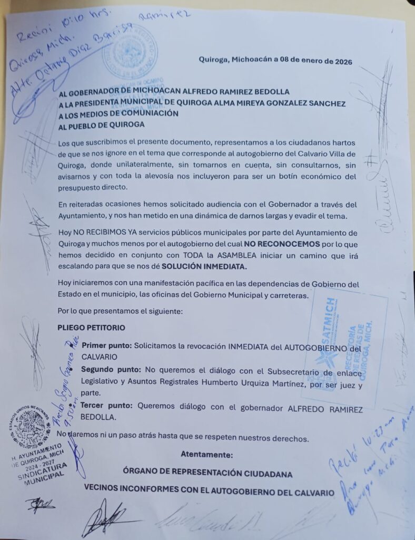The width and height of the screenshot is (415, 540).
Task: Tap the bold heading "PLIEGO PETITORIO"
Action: pyautogui.click(x=91, y=327)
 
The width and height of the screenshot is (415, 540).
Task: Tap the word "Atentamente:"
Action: pyautogui.click(x=205, y=455)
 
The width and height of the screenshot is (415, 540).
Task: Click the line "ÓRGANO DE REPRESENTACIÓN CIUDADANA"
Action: pyautogui.click(x=207, y=474)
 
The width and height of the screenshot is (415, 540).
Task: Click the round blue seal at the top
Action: pyautogui.click(x=130, y=52)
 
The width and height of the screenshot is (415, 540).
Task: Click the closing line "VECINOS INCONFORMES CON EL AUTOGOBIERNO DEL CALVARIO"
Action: pyautogui.click(x=209, y=493)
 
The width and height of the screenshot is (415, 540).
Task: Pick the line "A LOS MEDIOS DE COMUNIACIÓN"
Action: pyautogui.click(x=118, y=113)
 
